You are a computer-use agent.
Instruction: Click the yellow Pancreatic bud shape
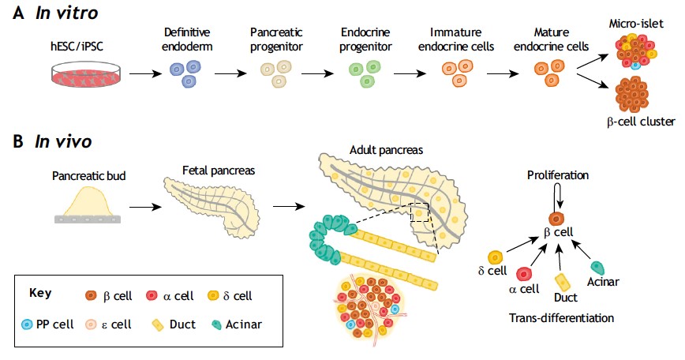click(x=88, y=201)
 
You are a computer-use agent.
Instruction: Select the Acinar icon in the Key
click(x=216, y=324)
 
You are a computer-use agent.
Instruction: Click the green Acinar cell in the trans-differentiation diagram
click(x=597, y=268)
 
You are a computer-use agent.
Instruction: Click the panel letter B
click(x=18, y=142)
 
